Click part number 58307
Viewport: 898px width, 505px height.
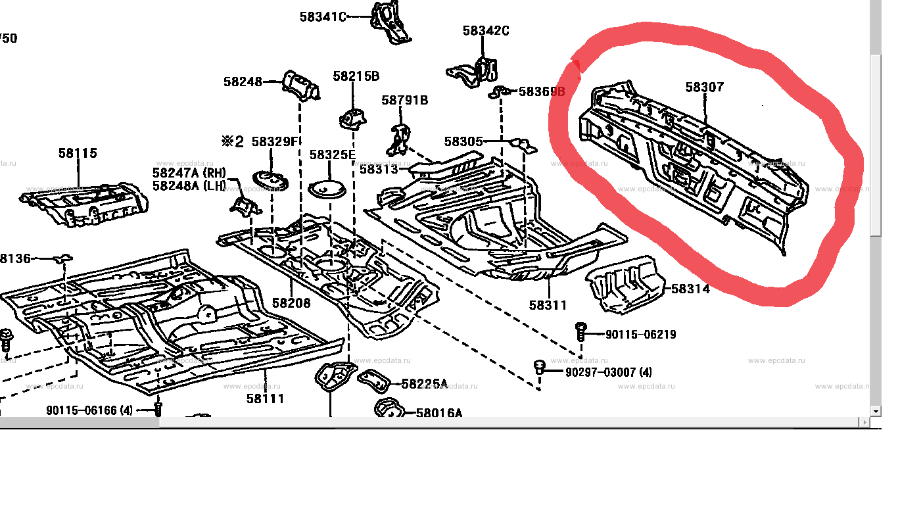pos(705,87)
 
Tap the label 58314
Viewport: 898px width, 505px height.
pos(690,289)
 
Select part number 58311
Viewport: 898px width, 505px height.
pos(548,305)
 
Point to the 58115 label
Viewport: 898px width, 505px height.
pos(78,153)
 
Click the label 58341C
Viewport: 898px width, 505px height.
pos(323,17)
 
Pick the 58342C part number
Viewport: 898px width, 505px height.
pos(486,30)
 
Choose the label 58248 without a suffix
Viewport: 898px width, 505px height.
pos(243,82)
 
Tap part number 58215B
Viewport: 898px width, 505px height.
pos(356,76)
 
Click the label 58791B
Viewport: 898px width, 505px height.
pos(404,100)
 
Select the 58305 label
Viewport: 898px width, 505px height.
pos(463,141)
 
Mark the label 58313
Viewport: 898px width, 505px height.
pos(379,169)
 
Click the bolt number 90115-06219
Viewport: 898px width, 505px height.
pos(640,334)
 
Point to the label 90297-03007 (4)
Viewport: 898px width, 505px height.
pos(609,372)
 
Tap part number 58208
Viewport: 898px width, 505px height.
pos(291,303)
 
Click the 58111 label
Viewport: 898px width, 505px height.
pos(266,398)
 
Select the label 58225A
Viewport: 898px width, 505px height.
pos(424,384)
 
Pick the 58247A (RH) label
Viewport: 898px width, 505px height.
pos(189,173)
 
